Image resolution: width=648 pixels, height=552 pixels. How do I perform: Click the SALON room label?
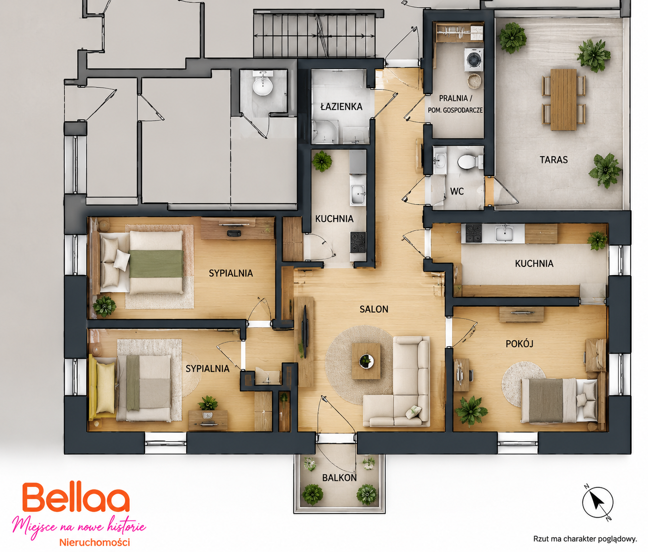(x=374, y=309)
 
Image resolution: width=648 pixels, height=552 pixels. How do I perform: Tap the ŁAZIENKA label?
(x=341, y=107)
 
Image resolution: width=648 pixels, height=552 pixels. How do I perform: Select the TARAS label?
(x=554, y=160)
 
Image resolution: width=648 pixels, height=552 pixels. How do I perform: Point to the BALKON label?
(x=340, y=478)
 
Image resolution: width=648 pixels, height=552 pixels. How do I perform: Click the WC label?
(x=457, y=191)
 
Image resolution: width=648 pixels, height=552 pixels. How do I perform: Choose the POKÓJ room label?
(x=520, y=344)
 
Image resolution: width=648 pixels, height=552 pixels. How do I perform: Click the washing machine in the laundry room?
(x=473, y=59)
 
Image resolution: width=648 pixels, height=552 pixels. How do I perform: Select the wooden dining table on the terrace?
(x=564, y=99)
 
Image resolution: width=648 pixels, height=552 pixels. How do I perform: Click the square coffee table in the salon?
(x=366, y=361)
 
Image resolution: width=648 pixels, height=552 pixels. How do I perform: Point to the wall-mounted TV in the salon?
(x=305, y=332)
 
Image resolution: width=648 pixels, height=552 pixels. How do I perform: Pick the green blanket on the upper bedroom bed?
(x=156, y=264)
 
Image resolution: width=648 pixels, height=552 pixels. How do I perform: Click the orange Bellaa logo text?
(x=76, y=498)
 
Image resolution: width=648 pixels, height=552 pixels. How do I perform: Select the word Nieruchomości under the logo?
(x=94, y=542)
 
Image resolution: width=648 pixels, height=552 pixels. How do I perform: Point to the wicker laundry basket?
(x=474, y=81)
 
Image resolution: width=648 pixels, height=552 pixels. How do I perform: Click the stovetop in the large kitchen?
(x=473, y=233)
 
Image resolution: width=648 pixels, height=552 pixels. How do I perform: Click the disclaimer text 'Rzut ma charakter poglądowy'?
(x=585, y=539)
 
